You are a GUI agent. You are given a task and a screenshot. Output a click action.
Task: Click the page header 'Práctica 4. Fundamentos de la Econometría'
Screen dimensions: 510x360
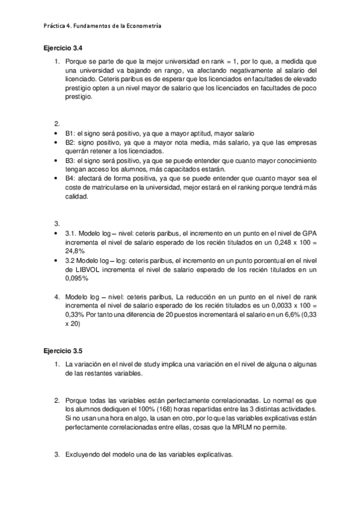(102, 26)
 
